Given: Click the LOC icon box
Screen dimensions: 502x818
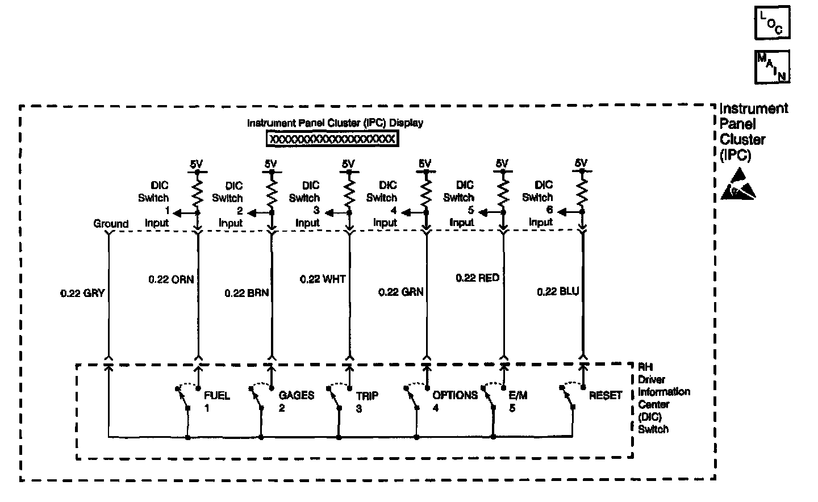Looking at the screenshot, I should [772, 23].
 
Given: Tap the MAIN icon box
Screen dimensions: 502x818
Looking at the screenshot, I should [772, 67].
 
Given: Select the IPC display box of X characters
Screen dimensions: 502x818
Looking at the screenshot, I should [332, 139].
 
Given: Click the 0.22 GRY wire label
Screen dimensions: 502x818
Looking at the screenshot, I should [82, 294].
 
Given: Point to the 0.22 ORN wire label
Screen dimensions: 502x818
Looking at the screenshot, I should [171, 279].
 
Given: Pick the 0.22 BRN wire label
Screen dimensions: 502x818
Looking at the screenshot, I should [247, 293].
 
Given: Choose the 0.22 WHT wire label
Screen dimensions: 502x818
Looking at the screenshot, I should [322, 279].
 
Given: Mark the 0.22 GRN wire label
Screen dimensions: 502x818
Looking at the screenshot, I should [400, 292].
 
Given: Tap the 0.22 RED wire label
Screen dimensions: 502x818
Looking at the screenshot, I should [477, 278].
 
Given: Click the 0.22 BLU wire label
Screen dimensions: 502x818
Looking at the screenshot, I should [557, 292].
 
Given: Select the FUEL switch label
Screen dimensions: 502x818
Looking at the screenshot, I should [216, 396].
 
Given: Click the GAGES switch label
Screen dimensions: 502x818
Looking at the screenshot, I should [296, 395].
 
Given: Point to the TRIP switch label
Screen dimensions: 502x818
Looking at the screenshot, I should [367, 396].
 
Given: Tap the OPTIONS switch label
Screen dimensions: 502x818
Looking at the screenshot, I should [454, 395].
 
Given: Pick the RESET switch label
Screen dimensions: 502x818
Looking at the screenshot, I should [606, 395].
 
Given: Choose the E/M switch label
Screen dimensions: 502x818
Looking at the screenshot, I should [517, 395].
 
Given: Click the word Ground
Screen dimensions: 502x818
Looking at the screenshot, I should [111, 224].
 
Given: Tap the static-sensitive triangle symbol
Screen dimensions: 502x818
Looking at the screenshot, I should [738, 184].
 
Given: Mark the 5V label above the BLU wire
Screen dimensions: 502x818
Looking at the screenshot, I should [581, 164].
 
